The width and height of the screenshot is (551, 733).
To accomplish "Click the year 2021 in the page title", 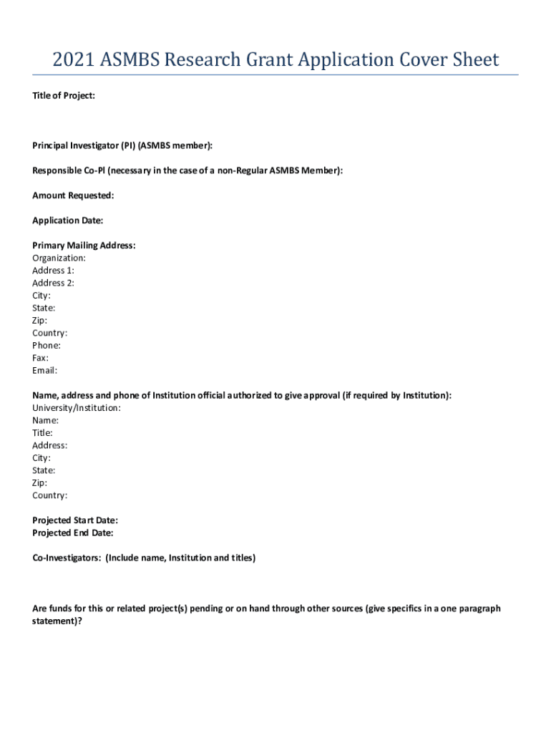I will (73, 60).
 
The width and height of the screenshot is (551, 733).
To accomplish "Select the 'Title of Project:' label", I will (64, 95).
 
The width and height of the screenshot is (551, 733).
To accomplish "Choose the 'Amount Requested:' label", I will (73, 195).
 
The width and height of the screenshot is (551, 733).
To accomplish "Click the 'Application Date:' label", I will (67, 220).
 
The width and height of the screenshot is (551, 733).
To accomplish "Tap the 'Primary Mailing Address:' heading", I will (84, 246).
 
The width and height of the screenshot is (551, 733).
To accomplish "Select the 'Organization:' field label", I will (59, 258).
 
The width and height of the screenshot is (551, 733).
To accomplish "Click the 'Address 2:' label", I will (53, 283).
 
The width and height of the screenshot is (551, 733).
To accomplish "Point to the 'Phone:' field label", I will (47, 346).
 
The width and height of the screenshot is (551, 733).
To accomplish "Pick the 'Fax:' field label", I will (41, 358).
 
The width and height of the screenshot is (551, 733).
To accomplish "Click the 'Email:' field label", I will (44, 371).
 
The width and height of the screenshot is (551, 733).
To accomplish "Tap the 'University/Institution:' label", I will (77, 408).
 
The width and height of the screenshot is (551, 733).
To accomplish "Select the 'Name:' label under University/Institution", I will (45, 421).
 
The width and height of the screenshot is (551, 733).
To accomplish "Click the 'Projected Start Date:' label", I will (75, 520).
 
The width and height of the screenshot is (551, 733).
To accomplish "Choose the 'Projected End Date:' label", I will (73, 533).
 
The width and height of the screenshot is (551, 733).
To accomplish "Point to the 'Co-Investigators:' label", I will (67, 558).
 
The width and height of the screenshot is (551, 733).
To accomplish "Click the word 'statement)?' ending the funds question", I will (57, 621).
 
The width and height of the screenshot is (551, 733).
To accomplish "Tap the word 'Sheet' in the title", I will (474, 60).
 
